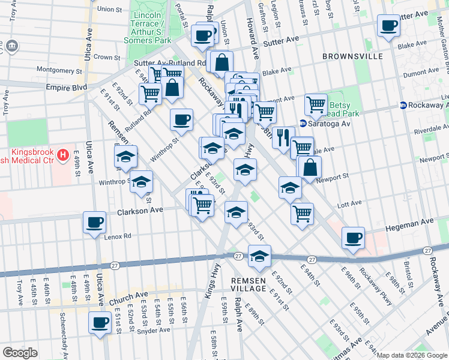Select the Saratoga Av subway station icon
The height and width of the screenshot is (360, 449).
(303, 124)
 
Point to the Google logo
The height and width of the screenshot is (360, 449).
(20, 353)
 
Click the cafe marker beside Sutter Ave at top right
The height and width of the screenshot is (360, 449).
(388, 26)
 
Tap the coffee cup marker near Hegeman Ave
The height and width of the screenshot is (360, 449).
(353, 238)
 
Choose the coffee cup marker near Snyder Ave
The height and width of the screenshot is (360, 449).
(100, 322)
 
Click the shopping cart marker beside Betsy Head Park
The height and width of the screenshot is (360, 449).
(316, 105)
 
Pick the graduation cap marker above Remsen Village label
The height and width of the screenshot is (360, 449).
(259, 256)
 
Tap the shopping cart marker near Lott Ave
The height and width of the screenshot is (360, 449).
(302, 214)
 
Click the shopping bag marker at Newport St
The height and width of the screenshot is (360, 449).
(310, 168)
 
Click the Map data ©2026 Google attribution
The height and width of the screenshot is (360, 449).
(412, 355)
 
